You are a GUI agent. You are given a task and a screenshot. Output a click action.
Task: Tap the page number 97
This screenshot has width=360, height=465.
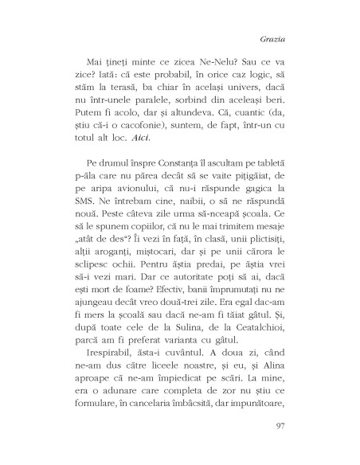(x=311, y=427)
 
